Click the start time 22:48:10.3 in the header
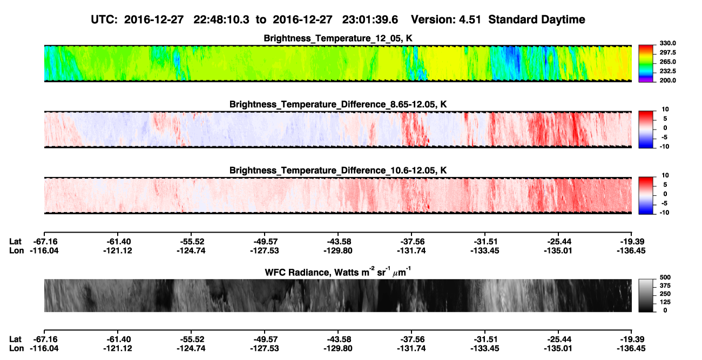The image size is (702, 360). point(221,20)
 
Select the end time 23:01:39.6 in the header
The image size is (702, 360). point(370,20)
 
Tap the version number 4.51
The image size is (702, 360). point(468,20)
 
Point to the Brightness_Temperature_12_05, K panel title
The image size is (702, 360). point(338,38)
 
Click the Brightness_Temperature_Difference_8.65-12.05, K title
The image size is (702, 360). point(338,104)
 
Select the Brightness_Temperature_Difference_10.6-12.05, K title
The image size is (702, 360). point(338,171)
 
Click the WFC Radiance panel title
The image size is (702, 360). point(338,272)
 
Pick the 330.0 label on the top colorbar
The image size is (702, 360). point(667,43)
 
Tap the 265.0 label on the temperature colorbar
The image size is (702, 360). point(667,62)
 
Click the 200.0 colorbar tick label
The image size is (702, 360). point(667,80)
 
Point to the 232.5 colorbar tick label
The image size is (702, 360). point(667,71)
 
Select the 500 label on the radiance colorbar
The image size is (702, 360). point(665,277)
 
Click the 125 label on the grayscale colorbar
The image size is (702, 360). point(665,302)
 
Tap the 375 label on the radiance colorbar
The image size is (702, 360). point(665,286)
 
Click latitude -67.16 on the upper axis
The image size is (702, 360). point(45,242)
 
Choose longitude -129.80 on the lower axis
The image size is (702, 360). point(338,349)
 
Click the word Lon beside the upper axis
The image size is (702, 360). point(17,250)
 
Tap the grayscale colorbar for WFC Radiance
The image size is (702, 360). point(646,295)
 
